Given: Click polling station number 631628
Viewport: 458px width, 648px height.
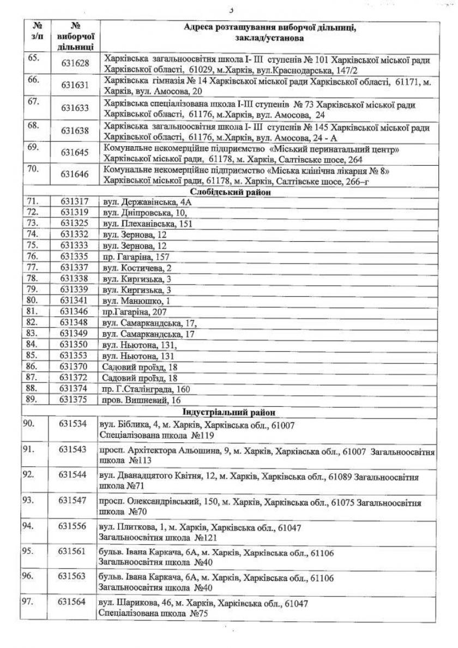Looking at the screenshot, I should pyautogui.click(x=75, y=64).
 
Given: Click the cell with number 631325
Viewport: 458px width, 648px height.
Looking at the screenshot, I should pyautogui.click(x=75, y=224).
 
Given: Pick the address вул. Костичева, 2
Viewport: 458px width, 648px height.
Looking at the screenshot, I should pyautogui.click(x=137, y=268).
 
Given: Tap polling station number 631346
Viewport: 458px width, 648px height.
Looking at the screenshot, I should pyautogui.click(x=75, y=311).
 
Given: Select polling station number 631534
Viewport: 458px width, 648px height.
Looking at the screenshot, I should pyautogui.click(x=74, y=423).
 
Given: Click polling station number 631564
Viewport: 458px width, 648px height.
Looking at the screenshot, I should pyautogui.click(x=74, y=602).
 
